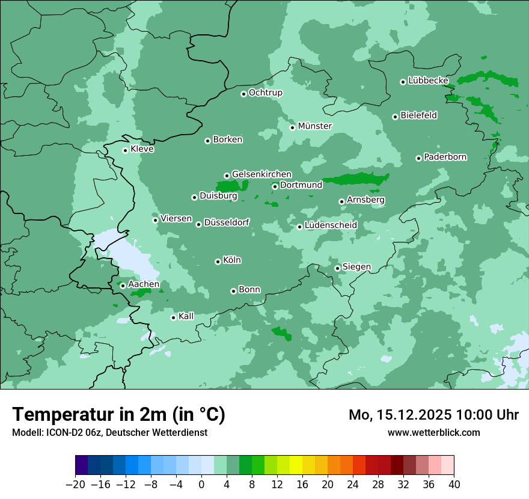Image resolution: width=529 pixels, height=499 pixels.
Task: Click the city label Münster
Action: (x=315, y=126)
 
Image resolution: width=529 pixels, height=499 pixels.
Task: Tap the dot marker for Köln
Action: (x=218, y=262)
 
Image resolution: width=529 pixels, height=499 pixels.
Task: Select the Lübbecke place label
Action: (x=428, y=81)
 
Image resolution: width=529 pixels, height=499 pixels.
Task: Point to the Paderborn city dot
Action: (x=418, y=158)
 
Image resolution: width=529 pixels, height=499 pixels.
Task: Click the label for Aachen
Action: (x=144, y=284)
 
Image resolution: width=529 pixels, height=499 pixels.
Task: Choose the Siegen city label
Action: (x=356, y=267)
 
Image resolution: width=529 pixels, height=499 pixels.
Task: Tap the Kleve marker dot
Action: (x=125, y=150)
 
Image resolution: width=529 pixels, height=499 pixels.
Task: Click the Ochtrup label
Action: (x=265, y=93)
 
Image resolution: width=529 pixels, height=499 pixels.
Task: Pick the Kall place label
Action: (x=186, y=316)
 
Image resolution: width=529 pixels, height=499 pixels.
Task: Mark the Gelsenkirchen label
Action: (x=261, y=174)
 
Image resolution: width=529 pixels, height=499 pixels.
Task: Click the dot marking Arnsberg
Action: (x=341, y=201)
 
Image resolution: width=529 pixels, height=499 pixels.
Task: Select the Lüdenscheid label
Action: (x=331, y=225)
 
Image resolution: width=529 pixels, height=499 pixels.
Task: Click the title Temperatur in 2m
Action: (x=118, y=414)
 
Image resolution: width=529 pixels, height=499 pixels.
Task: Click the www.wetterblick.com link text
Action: (x=433, y=432)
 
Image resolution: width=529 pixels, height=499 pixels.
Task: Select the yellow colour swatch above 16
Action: (x=296, y=465)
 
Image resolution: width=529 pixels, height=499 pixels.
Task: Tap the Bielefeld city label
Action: (x=418, y=115)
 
